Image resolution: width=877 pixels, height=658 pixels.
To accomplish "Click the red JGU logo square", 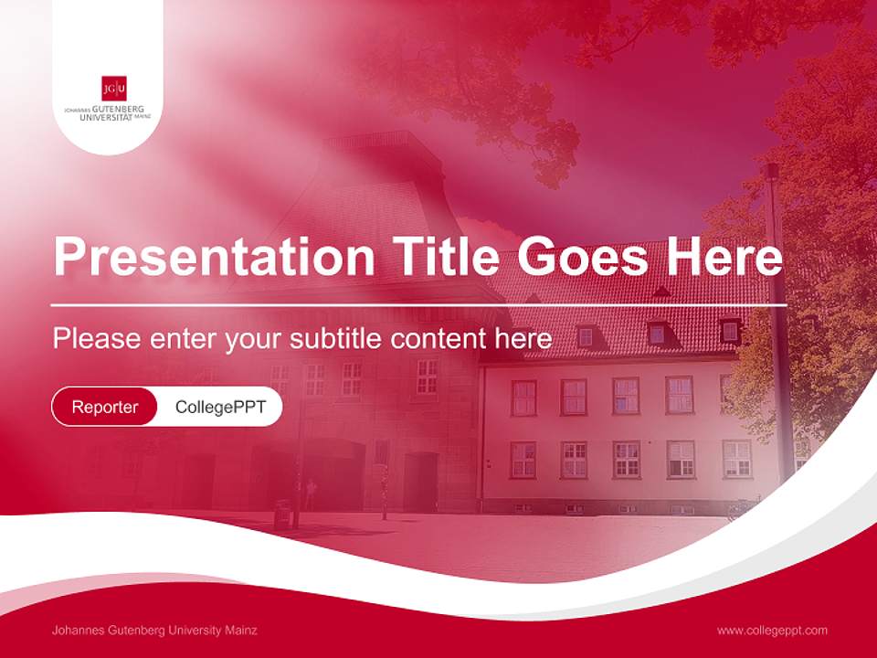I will (114, 89).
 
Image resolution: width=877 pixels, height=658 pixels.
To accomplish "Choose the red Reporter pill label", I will (104, 407).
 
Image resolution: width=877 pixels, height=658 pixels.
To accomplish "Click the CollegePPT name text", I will (220, 407).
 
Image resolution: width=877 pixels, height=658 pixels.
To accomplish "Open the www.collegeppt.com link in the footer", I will (772, 631).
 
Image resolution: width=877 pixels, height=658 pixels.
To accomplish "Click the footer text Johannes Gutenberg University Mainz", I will (154, 631).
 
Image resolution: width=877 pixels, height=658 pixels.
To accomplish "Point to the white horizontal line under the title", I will (418, 304).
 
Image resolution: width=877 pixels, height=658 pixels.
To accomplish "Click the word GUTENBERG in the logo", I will (118, 109).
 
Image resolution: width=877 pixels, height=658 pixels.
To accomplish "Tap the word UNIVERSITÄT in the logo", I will (106, 117).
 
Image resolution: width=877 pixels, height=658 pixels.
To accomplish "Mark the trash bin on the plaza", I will (282, 514).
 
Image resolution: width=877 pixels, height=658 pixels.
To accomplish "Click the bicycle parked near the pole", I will (744, 507).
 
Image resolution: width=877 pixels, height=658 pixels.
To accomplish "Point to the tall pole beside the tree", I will (778, 320).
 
